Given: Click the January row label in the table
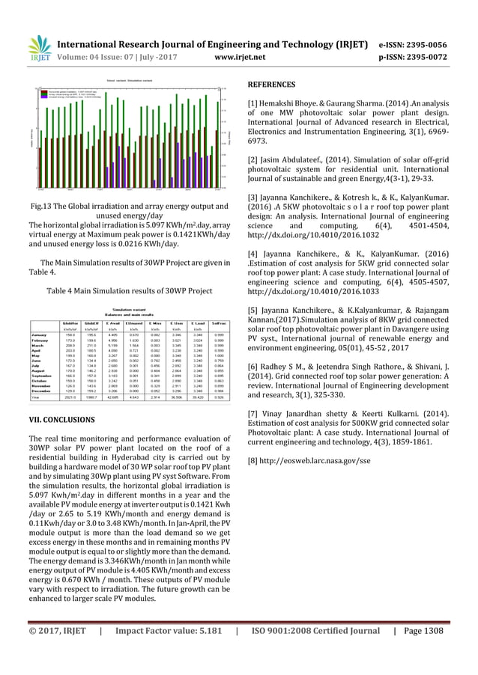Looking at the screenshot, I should click(x=41, y=335).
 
